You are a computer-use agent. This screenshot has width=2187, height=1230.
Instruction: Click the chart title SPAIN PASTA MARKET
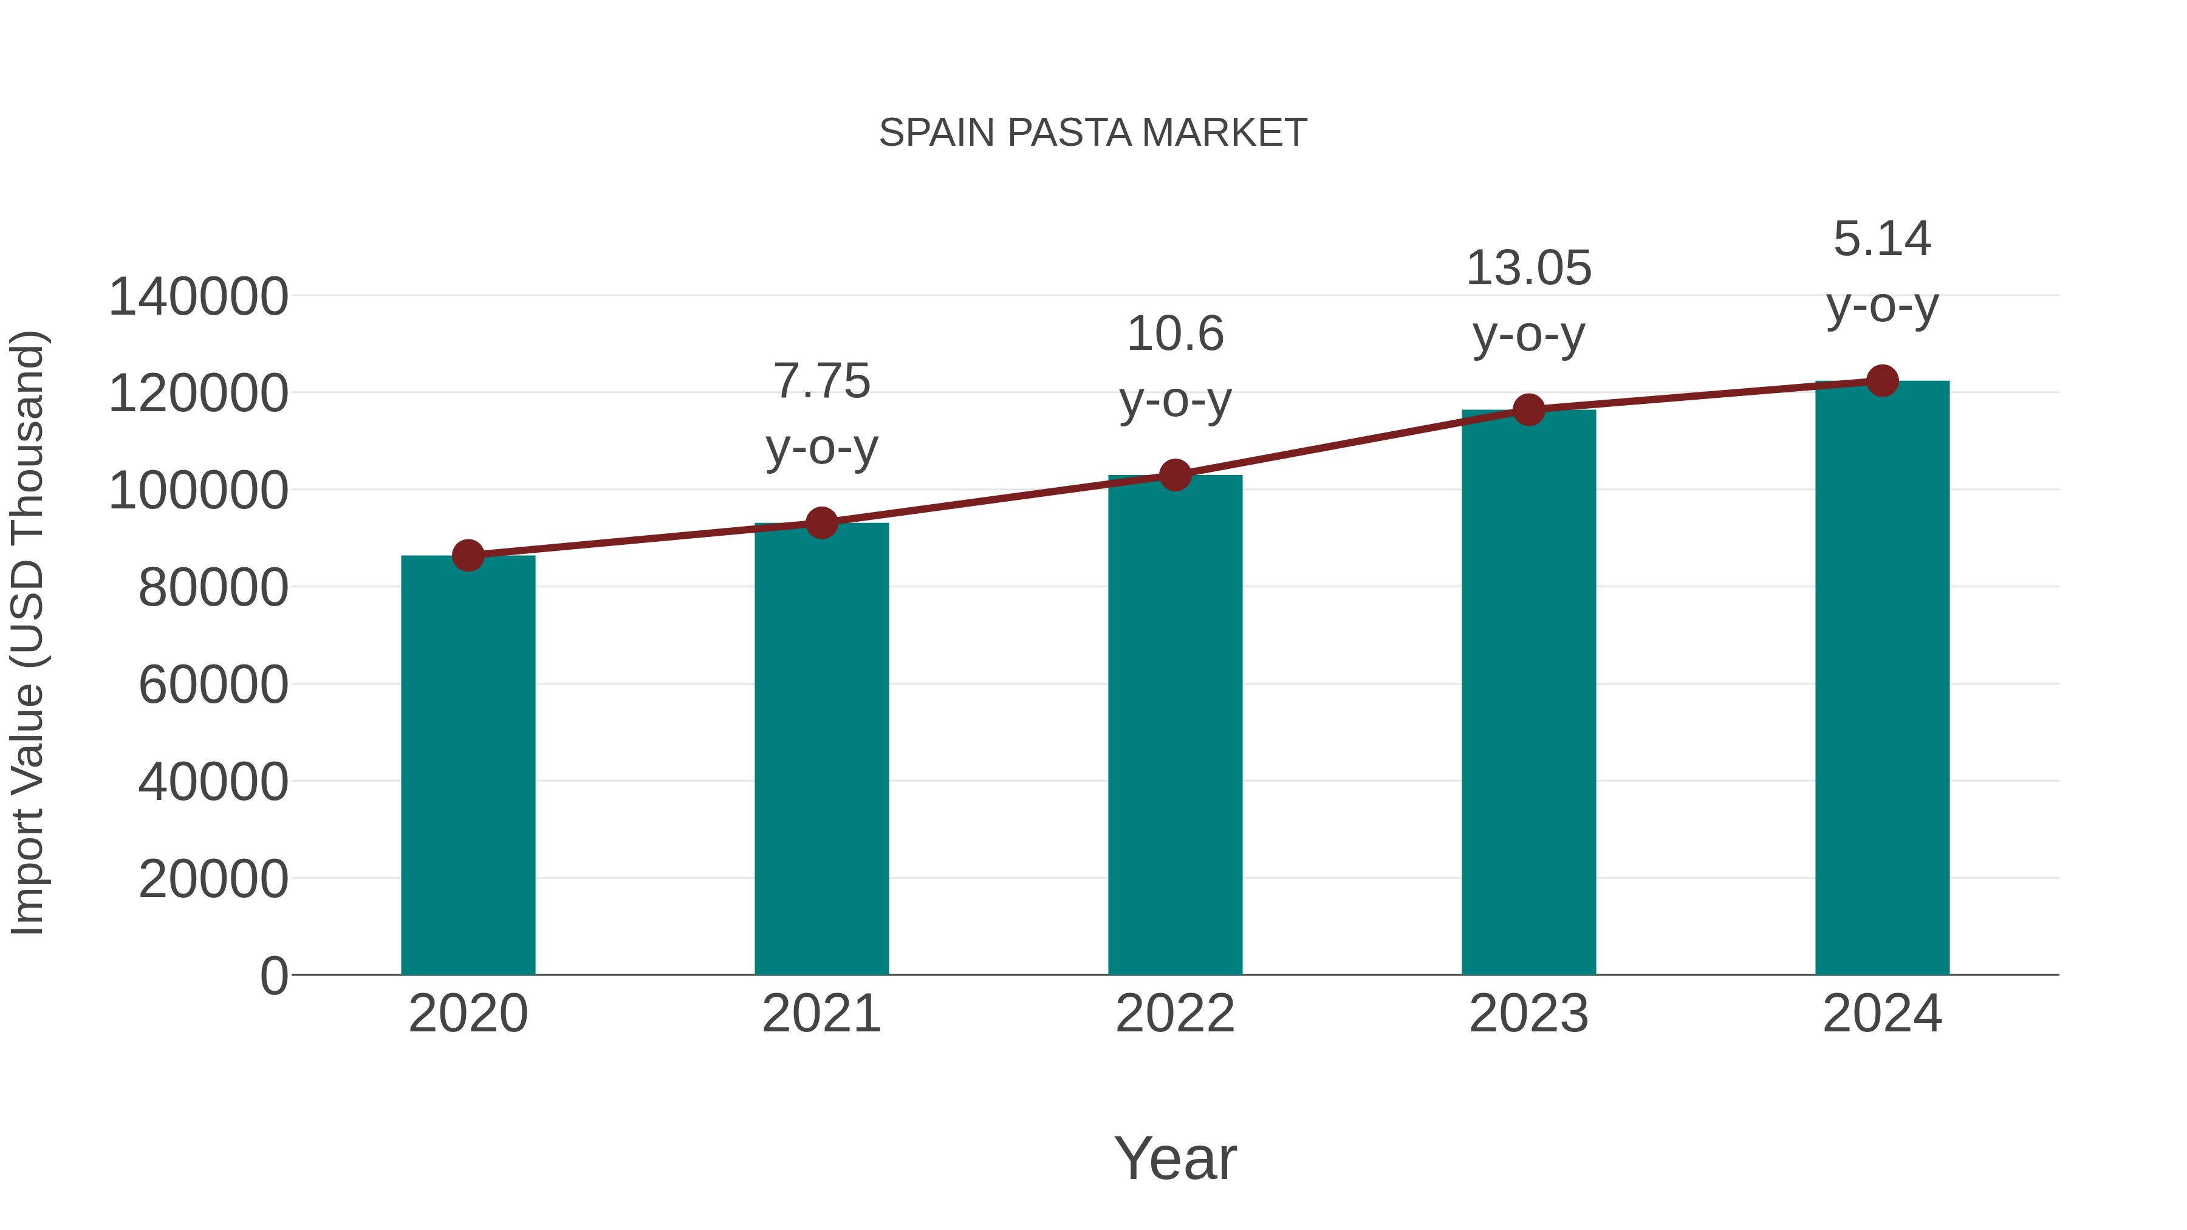point(1093,133)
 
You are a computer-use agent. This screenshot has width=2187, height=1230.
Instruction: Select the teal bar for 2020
point(468,764)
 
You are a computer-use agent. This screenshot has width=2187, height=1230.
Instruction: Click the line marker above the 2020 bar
point(468,556)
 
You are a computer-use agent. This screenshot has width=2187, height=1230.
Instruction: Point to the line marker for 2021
point(822,523)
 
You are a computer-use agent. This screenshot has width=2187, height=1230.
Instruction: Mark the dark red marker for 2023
point(1529,410)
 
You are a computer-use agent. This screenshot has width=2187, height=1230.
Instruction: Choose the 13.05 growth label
point(1529,301)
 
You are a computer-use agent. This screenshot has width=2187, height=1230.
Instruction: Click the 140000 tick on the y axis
point(199,297)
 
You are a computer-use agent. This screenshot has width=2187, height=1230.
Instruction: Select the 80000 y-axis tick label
point(213,587)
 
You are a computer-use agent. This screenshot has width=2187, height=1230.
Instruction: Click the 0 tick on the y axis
point(274,975)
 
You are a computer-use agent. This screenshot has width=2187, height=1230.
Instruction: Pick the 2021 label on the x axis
point(822,1014)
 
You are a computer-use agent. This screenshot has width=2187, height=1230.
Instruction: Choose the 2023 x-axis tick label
point(1529,1014)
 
